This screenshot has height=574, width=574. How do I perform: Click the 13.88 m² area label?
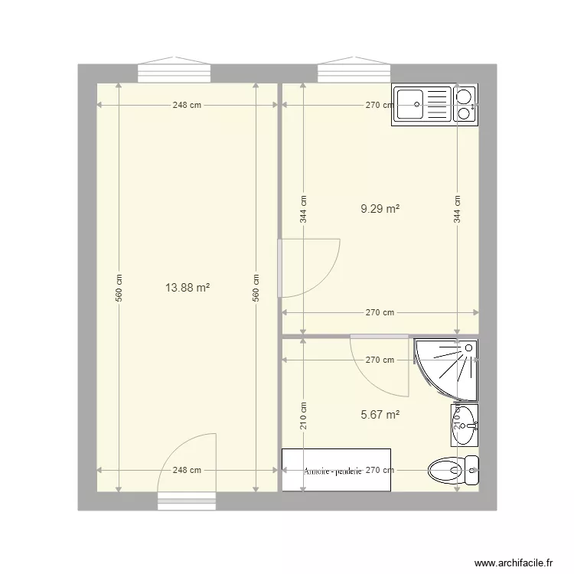point(188,288)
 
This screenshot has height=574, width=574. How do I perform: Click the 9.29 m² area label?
point(381,207)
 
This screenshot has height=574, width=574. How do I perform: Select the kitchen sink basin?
point(412,104)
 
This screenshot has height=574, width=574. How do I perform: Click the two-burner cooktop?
point(464,105)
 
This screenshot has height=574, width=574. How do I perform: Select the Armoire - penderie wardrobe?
point(336,470)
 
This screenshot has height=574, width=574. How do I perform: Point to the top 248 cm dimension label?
point(186,106)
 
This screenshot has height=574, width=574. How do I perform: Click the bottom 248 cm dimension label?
point(186,471)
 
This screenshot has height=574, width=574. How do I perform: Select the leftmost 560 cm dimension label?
point(119,288)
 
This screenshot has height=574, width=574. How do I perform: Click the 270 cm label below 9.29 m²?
point(380,312)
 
